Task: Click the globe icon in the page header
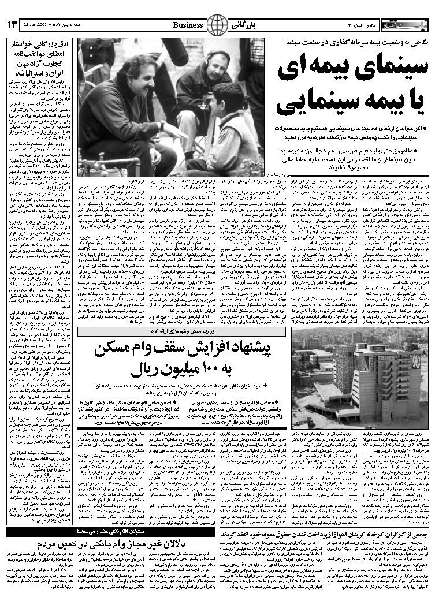[x=218, y=25]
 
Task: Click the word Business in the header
[x=188, y=25]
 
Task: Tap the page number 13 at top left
[x=13, y=25]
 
